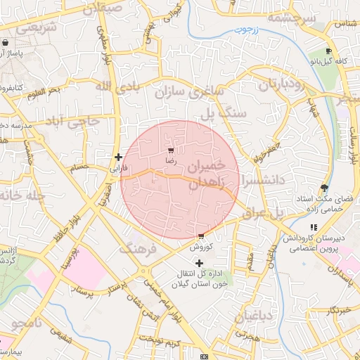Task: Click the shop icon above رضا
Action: [171, 150]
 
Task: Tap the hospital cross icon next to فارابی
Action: [118, 157]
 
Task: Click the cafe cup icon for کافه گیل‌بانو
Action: [328, 51]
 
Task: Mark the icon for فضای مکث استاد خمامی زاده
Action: [323, 188]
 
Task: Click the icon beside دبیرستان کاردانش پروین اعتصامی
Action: [314, 228]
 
